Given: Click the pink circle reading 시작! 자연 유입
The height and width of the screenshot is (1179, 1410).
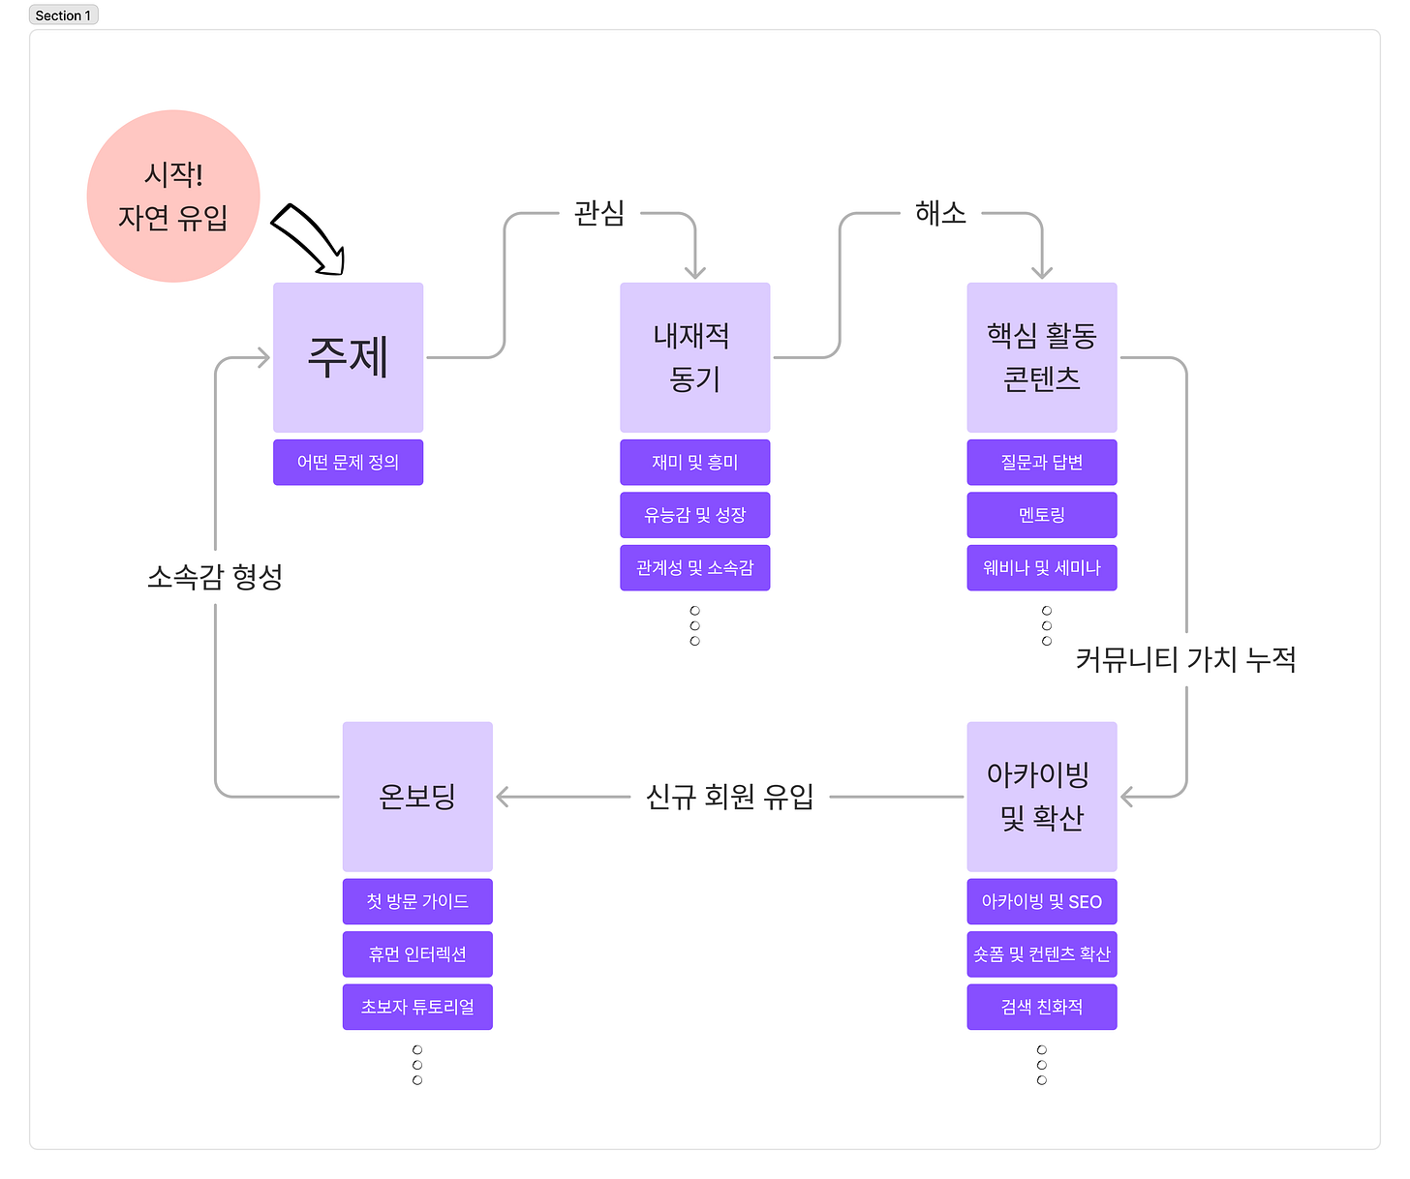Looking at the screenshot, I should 173,196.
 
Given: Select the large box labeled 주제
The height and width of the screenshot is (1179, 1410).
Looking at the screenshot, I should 348,357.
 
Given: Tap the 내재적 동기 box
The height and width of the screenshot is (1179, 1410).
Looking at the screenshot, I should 694,357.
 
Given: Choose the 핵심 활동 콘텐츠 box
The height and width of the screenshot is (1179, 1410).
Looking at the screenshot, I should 1041,357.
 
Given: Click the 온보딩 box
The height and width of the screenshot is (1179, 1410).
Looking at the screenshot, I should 417,796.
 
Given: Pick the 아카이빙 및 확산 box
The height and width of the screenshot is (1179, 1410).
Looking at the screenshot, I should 1041,796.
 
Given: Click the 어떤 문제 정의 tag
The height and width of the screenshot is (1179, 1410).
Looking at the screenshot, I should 348,463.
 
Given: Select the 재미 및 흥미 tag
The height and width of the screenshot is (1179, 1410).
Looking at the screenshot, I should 694,463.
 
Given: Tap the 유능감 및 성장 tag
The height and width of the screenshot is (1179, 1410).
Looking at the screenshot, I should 694,515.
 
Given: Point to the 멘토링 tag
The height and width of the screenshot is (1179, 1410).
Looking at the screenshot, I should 1041,515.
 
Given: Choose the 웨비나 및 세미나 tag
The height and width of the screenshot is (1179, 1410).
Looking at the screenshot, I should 1041,568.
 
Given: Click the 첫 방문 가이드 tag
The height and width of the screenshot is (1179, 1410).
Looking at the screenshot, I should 417,901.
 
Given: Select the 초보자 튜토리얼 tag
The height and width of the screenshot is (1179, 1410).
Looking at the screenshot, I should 417,1007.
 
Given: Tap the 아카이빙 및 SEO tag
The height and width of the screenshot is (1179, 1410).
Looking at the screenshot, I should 1041,901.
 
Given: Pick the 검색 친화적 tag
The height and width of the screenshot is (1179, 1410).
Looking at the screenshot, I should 1041,1007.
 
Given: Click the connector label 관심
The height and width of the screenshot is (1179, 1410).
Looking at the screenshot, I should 599,213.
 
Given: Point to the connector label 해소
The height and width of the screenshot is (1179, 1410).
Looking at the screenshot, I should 940,213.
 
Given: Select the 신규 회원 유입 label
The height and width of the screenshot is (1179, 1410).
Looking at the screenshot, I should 729,797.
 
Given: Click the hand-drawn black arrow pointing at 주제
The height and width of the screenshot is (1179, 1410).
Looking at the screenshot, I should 308,238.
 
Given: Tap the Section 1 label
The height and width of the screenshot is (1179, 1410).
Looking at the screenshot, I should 63,15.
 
